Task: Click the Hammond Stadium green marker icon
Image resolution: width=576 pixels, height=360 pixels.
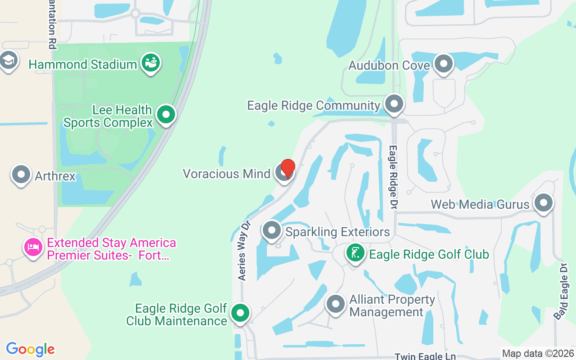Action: (151, 63)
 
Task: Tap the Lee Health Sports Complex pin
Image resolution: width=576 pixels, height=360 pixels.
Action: (166, 115)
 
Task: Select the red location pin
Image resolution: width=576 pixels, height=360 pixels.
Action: (288, 168)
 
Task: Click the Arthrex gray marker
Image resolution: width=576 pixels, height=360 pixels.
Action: (21, 175)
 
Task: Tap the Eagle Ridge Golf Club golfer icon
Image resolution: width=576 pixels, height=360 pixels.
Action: (355, 253)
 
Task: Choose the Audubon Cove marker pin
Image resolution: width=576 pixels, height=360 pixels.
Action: (444, 64)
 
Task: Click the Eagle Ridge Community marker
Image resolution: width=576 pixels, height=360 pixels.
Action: (395, 104)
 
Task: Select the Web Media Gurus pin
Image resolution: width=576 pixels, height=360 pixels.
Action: (543, 203)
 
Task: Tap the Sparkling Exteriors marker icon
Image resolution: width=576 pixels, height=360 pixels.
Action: (272, 230)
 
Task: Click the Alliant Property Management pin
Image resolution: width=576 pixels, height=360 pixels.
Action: (335, 304)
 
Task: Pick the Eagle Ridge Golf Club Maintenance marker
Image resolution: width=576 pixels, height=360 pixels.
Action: (240, 313)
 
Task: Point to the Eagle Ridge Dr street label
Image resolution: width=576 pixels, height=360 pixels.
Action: (393, 177)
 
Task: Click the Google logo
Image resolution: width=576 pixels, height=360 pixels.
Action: (30, 349)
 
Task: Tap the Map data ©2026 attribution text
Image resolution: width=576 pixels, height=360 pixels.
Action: (538, 354)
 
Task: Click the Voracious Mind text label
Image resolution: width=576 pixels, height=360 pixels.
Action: (226, 174)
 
